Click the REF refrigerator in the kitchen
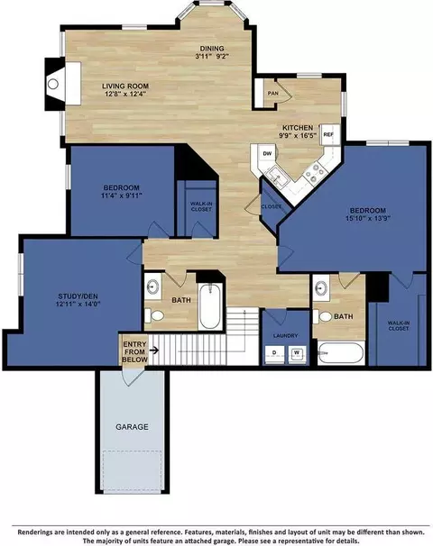point(330,134)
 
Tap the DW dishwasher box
point(267,153)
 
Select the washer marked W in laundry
point(297,354)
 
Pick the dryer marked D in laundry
point(274,354)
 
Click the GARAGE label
point(132,426)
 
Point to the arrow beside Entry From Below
point(154,350)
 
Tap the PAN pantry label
point(273,94)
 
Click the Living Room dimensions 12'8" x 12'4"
point(125,94)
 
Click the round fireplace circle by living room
point(53,84)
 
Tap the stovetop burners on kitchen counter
point(315,173)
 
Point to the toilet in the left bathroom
point(154,315)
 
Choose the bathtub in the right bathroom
point(341,353)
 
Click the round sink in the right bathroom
point(321,288)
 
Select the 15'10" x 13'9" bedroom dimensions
point(368,218)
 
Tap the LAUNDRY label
point(286,335)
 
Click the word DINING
point(212,49)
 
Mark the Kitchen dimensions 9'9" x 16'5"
point(298,135)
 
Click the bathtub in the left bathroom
point(210,305)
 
